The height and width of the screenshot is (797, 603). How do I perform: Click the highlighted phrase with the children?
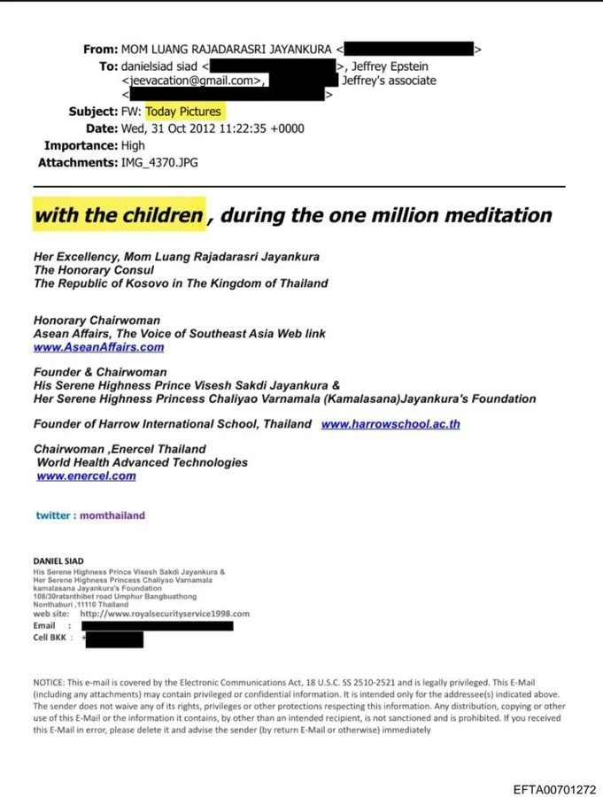tap(119, 215)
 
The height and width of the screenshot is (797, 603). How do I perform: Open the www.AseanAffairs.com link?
tap(98, 347)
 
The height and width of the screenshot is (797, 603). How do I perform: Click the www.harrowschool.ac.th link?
tap(390, 424)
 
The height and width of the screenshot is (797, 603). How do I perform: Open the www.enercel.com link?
tap(87, 476)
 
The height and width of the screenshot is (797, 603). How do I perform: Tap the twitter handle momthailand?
tap(112, 515)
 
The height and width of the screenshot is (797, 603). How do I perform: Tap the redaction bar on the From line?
tap(408, 50)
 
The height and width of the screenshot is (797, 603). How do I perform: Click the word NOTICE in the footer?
tap(49, 684)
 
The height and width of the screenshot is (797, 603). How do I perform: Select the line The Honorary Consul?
tap(94, 270)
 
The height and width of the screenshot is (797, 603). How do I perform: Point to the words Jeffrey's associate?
tap(389, 81)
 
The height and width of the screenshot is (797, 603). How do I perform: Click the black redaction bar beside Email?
tap(157, 625)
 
